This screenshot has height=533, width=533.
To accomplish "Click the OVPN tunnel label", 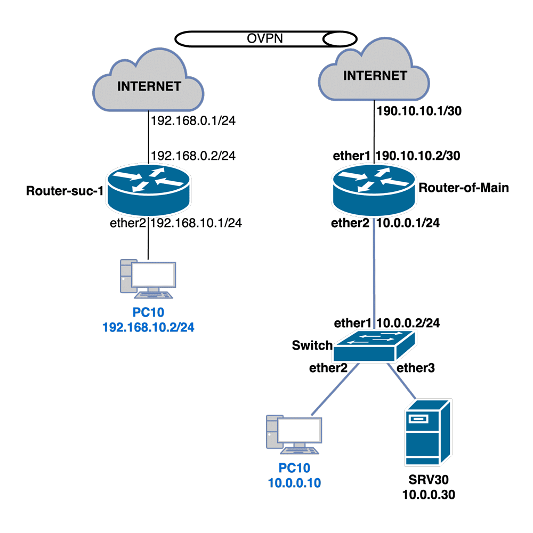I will [265, 38].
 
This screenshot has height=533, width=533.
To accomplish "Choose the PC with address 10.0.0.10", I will [294, 435].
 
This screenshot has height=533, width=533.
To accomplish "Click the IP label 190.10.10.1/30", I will [418, 111].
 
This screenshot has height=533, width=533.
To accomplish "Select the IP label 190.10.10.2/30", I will [418, 156].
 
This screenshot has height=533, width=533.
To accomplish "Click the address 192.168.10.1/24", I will [197, 223].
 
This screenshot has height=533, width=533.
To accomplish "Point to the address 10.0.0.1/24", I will [408, 223].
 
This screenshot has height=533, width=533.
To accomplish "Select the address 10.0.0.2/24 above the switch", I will [408, 323].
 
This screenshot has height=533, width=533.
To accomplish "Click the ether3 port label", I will [414, 367].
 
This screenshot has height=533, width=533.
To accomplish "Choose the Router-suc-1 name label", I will [64, 191].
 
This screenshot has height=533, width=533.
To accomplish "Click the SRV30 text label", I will [427, 482].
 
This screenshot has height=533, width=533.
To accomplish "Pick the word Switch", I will [312, 345].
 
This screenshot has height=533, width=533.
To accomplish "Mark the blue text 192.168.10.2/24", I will [148, 327].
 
